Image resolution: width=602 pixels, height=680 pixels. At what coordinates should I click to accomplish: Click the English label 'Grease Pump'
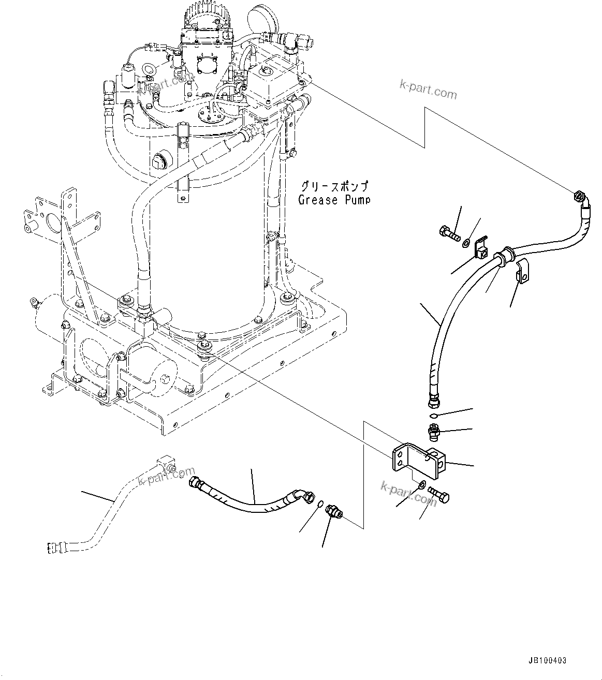(334, 200)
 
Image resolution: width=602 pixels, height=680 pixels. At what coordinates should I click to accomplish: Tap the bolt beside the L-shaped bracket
(439, 494)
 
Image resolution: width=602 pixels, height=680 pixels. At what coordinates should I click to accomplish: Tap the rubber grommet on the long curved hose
(503, 257)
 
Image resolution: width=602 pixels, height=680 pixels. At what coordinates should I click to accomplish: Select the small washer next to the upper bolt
(467, 242)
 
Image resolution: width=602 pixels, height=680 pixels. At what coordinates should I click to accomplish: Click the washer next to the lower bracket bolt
(422, 485)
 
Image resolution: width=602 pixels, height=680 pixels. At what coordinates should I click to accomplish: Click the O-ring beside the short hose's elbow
(321, 504)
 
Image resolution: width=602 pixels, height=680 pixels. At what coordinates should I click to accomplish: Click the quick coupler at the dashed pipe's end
(53, 546)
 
